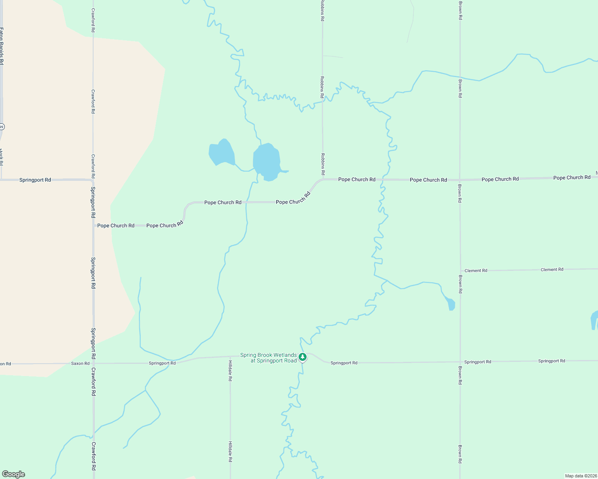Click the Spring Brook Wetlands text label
269,358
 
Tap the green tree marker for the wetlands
303,356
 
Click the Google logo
14,474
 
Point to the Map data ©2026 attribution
580,476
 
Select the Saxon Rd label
80,363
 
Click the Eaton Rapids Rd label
2,46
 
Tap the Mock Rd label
1,157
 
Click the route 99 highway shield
2,127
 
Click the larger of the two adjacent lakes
266,162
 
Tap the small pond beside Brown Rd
451,304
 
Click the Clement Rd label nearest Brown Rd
476,271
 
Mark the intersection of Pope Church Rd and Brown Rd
460,180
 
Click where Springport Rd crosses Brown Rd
460,362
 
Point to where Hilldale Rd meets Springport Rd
230,356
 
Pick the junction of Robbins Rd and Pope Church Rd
323,179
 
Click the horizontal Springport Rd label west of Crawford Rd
35,180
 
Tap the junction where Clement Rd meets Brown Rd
460,271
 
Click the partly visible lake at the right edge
594,320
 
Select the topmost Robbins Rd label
322,10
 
